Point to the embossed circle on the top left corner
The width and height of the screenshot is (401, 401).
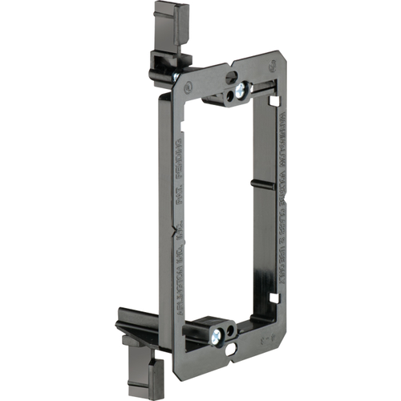(x=187, y=84)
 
